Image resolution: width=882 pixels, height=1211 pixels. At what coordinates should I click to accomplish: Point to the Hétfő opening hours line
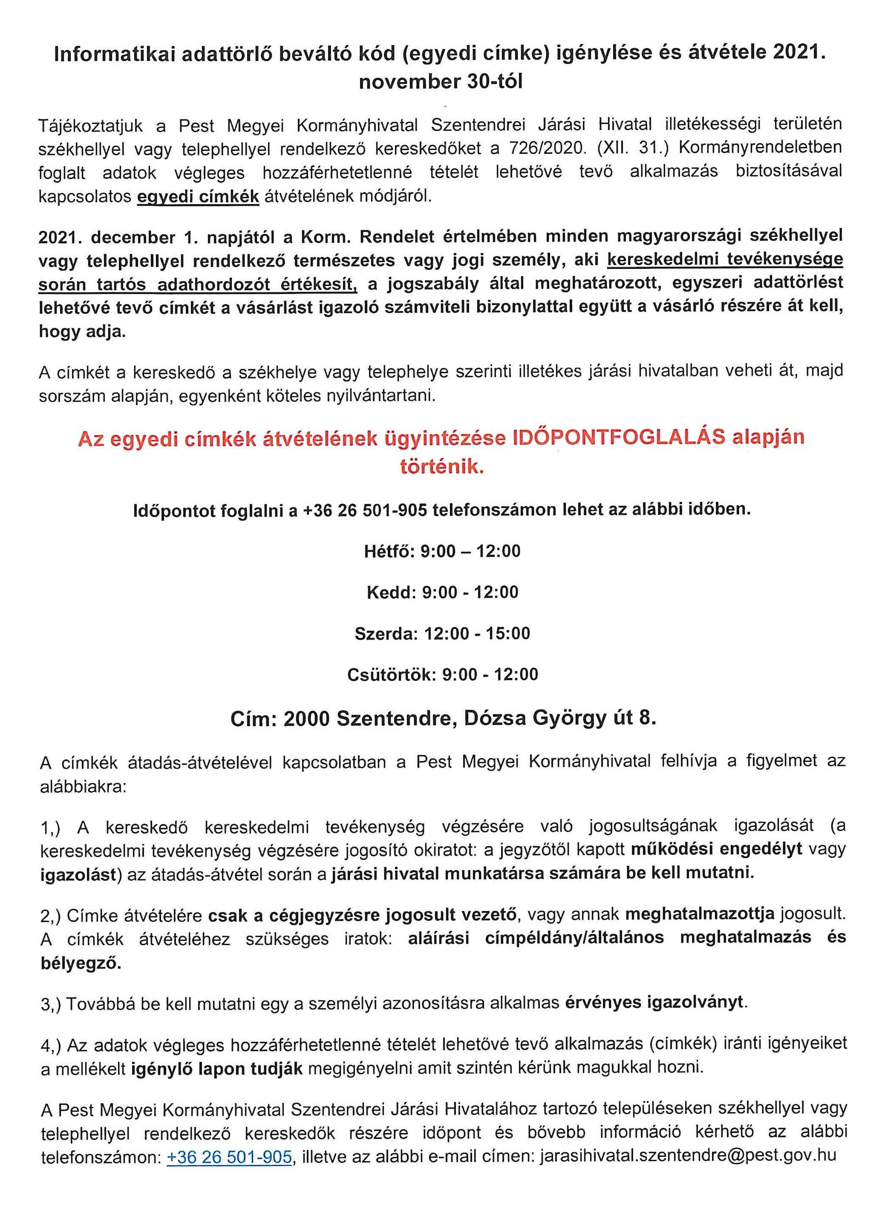coord(441,551)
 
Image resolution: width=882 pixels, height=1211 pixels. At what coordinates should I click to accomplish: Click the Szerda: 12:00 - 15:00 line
coord(441,634)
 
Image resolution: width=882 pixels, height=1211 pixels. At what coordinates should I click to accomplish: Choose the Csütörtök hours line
coord(441,675)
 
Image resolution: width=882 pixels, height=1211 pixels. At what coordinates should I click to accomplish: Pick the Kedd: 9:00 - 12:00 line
coord(441,592)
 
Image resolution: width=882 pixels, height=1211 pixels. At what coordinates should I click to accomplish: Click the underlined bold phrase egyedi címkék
coord(198,196)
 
